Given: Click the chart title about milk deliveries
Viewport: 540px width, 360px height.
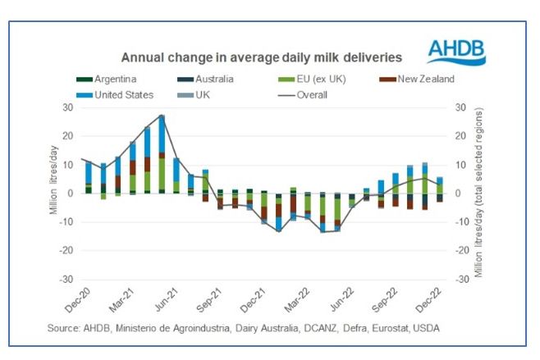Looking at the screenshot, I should coord(262,58).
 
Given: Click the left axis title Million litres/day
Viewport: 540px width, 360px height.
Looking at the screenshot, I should coord(52,194).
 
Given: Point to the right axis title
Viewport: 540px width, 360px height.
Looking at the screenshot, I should coord(480,194).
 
